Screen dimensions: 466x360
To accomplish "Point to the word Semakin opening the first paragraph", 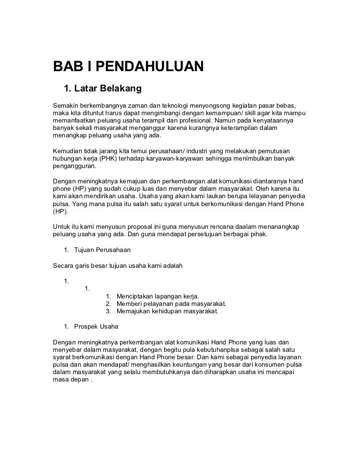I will tap(66, 106).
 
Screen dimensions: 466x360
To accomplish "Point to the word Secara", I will tap(64, 265).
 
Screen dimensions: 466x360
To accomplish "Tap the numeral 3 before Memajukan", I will tap(108, 311).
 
